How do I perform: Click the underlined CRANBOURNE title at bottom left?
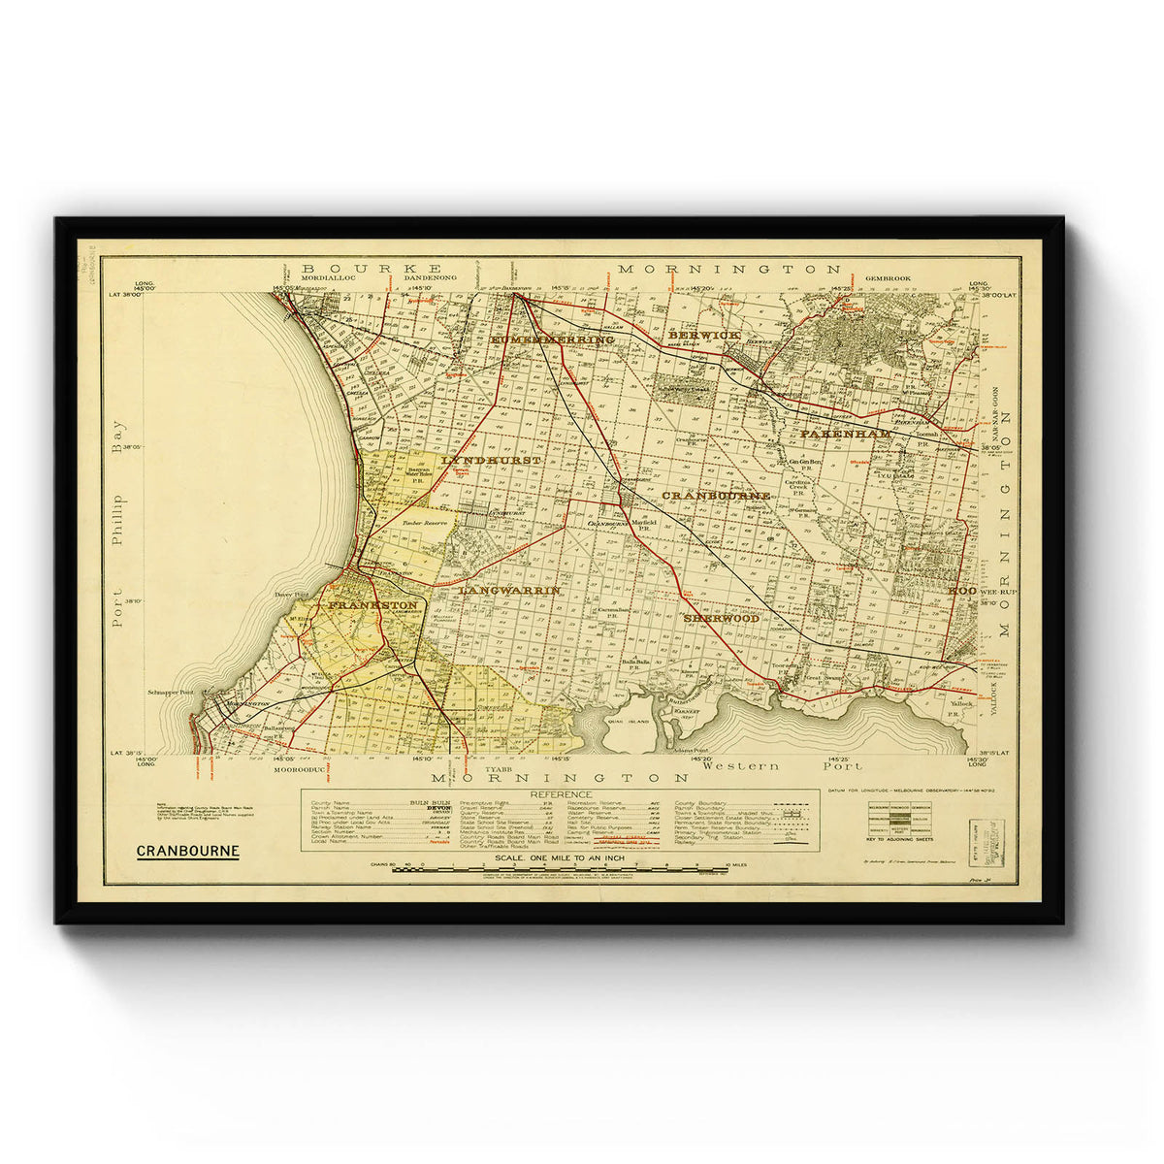(x=187, y=852)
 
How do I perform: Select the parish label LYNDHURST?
(x=491, y=460)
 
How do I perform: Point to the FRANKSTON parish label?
(x=372, y=605)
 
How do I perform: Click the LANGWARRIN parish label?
(x=509, y=590)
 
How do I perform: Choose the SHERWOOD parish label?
(x=721, y=618)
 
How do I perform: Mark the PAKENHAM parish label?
(x=845, y=434)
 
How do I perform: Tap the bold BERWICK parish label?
(x=704, y=335)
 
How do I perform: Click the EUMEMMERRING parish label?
(x=552, y=340)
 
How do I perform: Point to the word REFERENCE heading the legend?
(x=559, y=794)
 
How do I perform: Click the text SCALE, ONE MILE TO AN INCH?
(x=559, y=857)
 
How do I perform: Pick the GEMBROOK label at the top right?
(x=889, y=278)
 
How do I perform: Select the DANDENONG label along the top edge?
(x=428, y=278)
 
